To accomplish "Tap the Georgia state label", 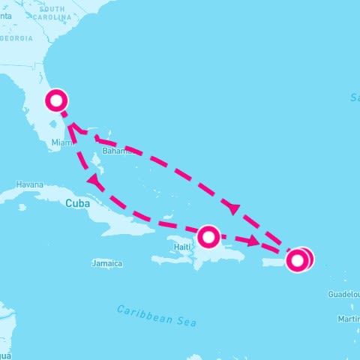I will click(16, 37).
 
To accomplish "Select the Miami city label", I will click(61, 142).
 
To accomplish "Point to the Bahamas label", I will click(116, 151).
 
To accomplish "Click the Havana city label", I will click(31, 184).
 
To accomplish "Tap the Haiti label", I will click(182, 246).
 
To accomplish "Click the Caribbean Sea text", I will click(157, 315).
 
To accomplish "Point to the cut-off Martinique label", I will click(348, 319).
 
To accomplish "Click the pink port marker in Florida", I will click(56, 100).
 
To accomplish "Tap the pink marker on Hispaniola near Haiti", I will click(208, 237).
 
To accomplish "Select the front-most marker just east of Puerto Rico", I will click(297, 260).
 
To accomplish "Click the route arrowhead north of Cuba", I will click(94, 180).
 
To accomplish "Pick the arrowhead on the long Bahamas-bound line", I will click(233, 208).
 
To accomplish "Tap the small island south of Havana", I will click(22, 207).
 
